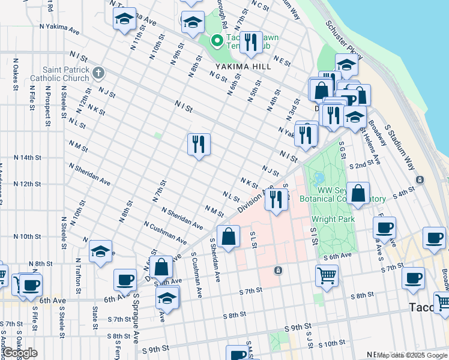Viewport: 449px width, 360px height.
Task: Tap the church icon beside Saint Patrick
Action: [98, 73]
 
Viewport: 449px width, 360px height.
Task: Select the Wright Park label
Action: [333, 219]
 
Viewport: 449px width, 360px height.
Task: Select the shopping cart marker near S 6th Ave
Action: [327, 275]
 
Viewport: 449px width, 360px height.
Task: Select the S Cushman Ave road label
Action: [195, 275]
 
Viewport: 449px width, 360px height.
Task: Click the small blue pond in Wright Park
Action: [319, 178]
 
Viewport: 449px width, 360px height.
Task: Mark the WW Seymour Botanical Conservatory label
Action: [351, 194]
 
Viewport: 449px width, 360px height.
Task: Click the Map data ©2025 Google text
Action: [411, 355]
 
